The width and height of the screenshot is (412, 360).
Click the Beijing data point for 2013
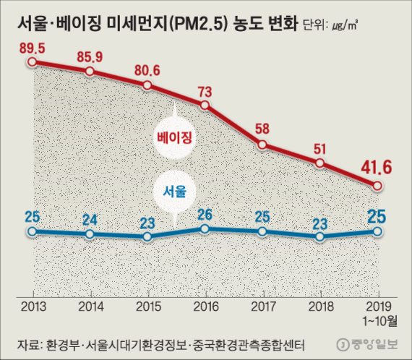31,62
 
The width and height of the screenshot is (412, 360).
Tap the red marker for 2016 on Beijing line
205,105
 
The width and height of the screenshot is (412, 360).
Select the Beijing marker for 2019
377,186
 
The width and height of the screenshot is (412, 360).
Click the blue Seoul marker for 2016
205,228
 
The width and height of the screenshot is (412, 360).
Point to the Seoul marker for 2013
31,232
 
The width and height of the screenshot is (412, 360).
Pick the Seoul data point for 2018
319,236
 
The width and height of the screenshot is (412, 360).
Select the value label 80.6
147,70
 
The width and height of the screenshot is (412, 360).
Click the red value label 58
262,129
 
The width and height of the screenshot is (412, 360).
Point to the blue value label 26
205,213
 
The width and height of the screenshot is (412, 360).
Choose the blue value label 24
89,219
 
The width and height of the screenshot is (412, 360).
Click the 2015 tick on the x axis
147,305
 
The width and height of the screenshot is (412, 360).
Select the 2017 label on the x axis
262,305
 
